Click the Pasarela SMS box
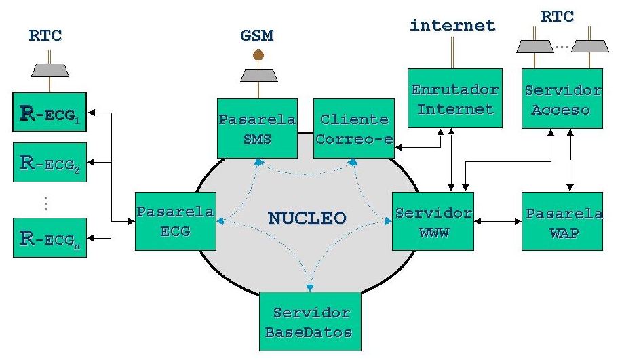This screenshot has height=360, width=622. click(257, 129)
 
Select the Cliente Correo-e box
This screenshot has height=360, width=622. click(353, 129)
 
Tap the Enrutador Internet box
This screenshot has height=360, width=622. click(454, 98)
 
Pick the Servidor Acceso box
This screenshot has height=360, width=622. click(562, 98)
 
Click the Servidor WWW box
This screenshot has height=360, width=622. click(433, 221)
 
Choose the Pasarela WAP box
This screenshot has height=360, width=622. click(562, 221)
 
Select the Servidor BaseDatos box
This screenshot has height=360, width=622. click(311, 322)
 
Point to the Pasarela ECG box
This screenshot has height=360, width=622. click(175, 221)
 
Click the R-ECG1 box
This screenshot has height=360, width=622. click(50, 113)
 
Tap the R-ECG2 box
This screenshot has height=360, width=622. click(50, 162)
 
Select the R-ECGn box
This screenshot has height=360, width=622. click(50, 238)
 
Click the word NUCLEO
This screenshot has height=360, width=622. click(307, 218)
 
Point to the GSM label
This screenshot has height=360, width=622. click(258, 35)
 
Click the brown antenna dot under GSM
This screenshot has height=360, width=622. click(258, 54)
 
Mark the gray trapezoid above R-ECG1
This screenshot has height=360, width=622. click(50, 70)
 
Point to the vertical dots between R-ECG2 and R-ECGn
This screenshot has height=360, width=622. click(45, 203)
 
